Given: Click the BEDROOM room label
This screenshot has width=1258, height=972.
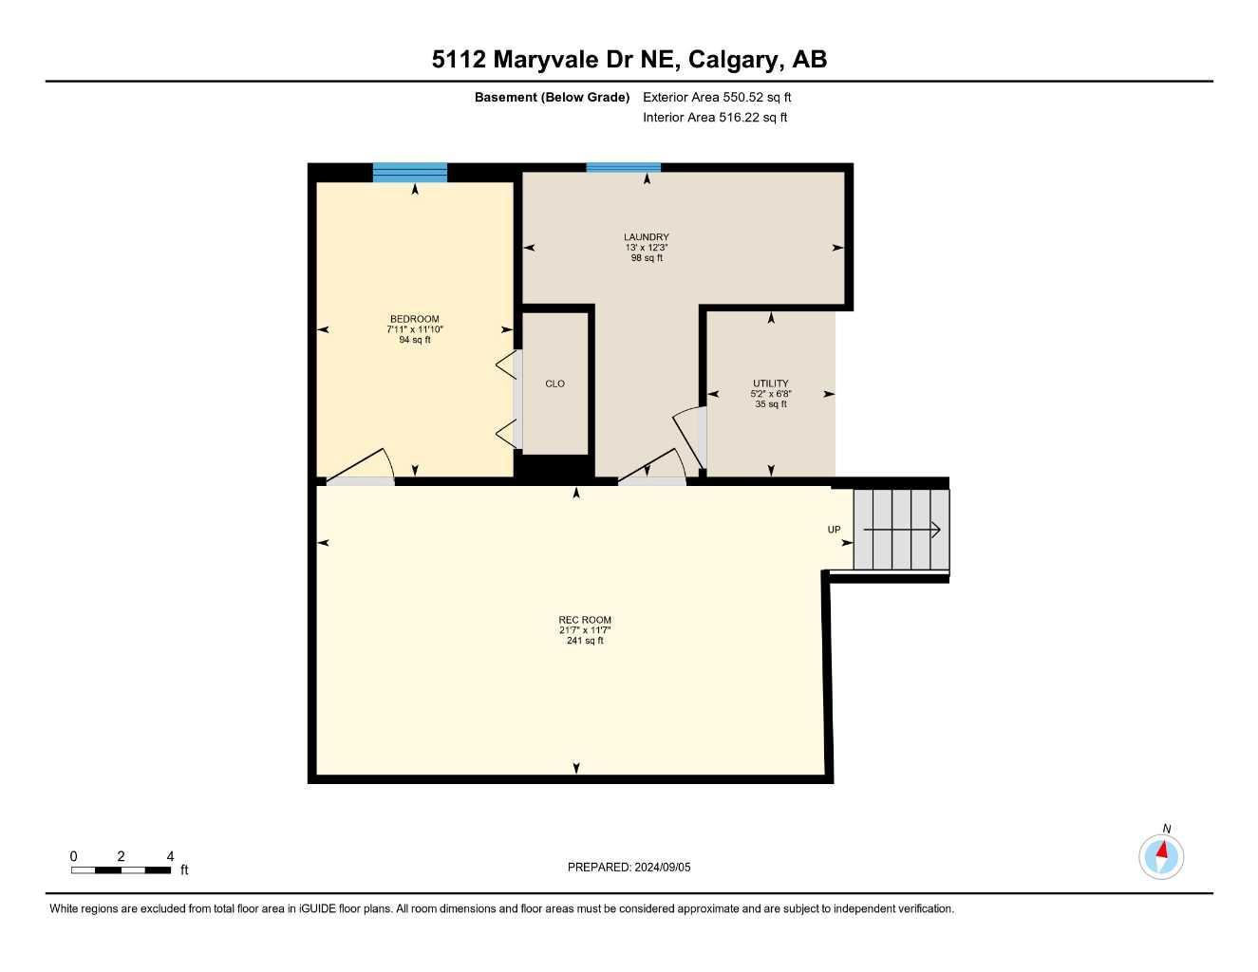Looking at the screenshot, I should [414, 319].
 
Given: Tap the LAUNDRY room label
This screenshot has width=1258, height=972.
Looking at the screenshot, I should [646, 237].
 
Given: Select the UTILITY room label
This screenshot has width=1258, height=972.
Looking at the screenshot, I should [770, 383].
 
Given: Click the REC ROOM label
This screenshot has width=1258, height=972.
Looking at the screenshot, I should [585, 620].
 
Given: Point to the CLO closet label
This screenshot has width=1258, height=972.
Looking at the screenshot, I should [554, 383].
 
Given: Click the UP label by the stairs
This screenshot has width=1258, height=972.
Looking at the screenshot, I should [834, 530].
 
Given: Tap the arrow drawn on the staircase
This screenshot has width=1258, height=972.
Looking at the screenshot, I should [901, 530].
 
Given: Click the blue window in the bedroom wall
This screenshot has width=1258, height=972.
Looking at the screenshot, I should [409, 173].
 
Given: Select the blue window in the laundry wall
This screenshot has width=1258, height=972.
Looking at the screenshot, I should [623, 168].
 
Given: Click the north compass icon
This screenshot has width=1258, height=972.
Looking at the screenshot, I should [1161, 856].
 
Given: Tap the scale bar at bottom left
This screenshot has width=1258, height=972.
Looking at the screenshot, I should [121, 869].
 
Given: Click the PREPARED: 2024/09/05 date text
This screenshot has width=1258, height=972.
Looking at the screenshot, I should [629, 867].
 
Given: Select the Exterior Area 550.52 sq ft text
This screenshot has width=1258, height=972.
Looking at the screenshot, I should [717, 97].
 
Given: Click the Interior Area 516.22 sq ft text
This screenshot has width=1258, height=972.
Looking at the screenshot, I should [715, 118].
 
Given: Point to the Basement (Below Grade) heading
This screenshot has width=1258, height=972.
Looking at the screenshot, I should [552, 97].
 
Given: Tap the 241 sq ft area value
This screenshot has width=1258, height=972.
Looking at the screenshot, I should [585, 641].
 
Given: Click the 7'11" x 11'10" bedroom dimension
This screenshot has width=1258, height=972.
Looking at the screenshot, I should [414, 329].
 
